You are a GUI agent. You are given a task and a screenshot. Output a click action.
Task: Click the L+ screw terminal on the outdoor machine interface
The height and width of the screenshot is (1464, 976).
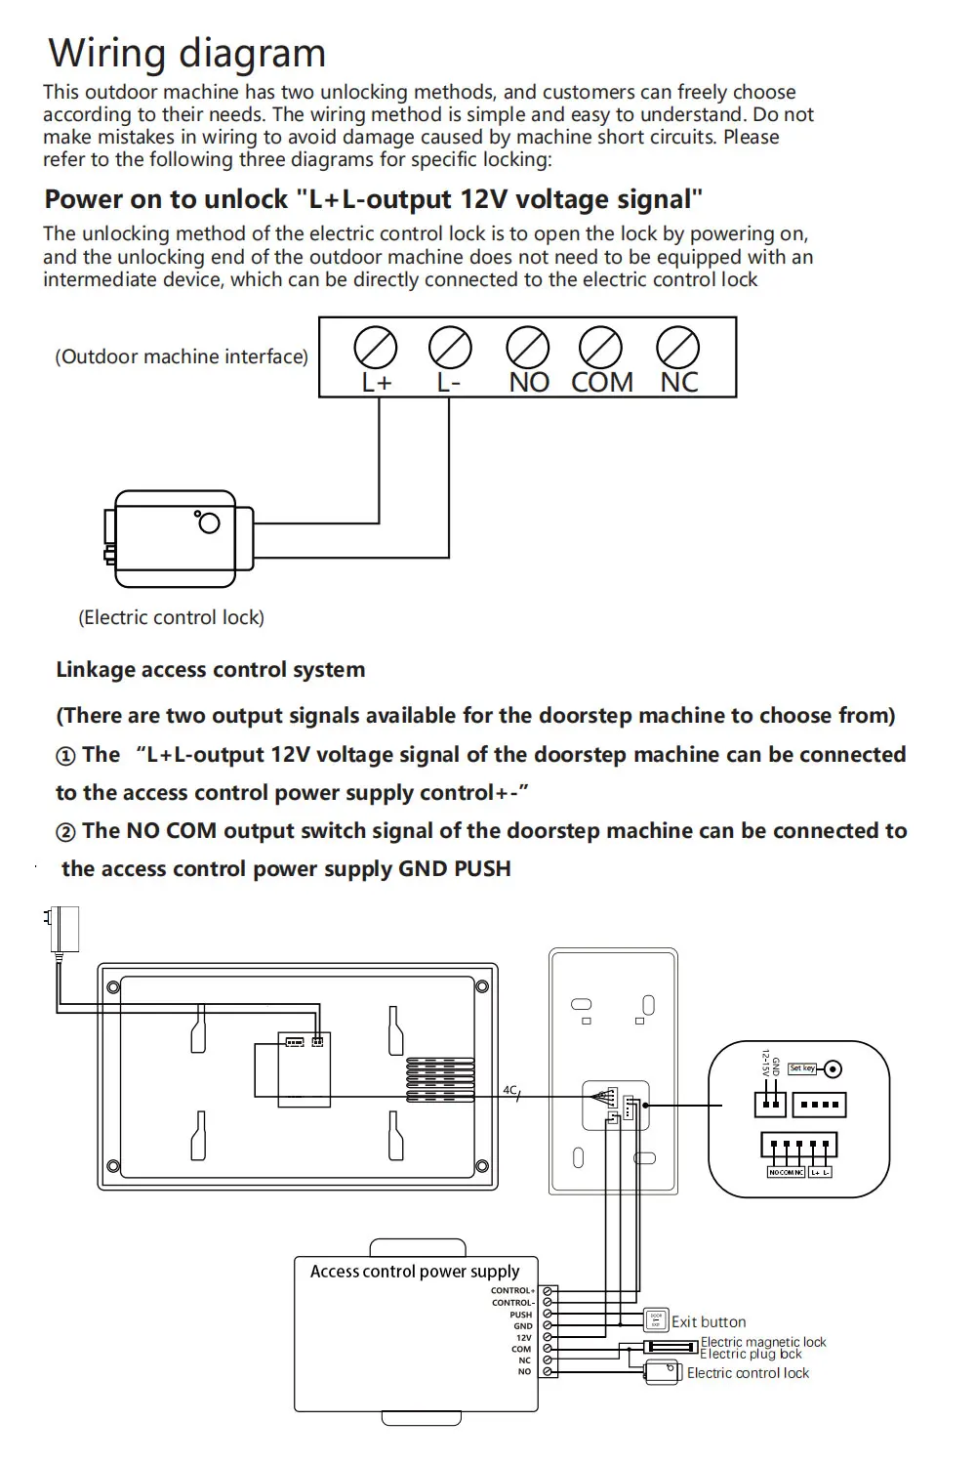click(x=376, y=348)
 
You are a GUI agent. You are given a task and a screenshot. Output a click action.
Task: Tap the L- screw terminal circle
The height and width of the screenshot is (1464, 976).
click(x=450, y=348)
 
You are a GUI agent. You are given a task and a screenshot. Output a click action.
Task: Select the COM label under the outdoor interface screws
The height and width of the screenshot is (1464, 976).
click(x=601, y=383)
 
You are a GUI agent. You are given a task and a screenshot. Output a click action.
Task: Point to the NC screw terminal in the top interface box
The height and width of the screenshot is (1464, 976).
click(x=677, y=348)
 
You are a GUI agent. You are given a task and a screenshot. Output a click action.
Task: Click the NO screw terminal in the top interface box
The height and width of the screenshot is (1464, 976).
click(x=528, y=348)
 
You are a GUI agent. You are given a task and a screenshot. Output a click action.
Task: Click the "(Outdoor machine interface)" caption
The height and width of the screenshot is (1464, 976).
click(x=182, y=356)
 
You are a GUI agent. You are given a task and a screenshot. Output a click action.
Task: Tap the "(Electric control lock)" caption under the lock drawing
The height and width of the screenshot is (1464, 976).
click(x=171, y=617)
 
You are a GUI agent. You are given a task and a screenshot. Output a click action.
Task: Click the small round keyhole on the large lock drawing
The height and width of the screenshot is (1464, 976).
click(x=209, y=523)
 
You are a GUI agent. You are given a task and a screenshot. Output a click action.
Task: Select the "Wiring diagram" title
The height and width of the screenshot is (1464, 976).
click(x=186, y=53)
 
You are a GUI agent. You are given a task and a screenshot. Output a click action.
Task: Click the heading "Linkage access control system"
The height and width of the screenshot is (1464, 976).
click(x=210, y=670)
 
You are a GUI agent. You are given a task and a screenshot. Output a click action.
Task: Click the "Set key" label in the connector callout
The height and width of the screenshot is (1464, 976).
click(x=802, y=1068)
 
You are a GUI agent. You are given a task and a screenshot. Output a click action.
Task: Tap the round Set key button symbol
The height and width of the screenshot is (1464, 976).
click(x=833, y=1069)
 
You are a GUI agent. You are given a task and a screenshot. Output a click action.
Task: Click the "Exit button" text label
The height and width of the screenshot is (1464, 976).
click(x=709, y=1321)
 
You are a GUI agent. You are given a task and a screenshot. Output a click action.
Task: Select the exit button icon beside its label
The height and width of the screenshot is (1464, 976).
click(x=656, y=1320)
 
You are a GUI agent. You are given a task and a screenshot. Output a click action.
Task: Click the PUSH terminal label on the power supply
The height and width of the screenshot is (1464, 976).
click(x=521, y=1315)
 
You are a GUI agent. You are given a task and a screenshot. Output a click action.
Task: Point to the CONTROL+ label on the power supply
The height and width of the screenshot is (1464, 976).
click(x=512, y=1290)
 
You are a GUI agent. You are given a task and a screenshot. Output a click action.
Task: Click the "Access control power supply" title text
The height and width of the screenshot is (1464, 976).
click(x=415, y=1272)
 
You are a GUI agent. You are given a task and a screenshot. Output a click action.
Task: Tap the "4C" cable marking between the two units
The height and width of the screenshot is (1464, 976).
click(x=509, y=1090)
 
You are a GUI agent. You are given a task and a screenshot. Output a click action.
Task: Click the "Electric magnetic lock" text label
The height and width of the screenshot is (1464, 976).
click(x=763, y=1342)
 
